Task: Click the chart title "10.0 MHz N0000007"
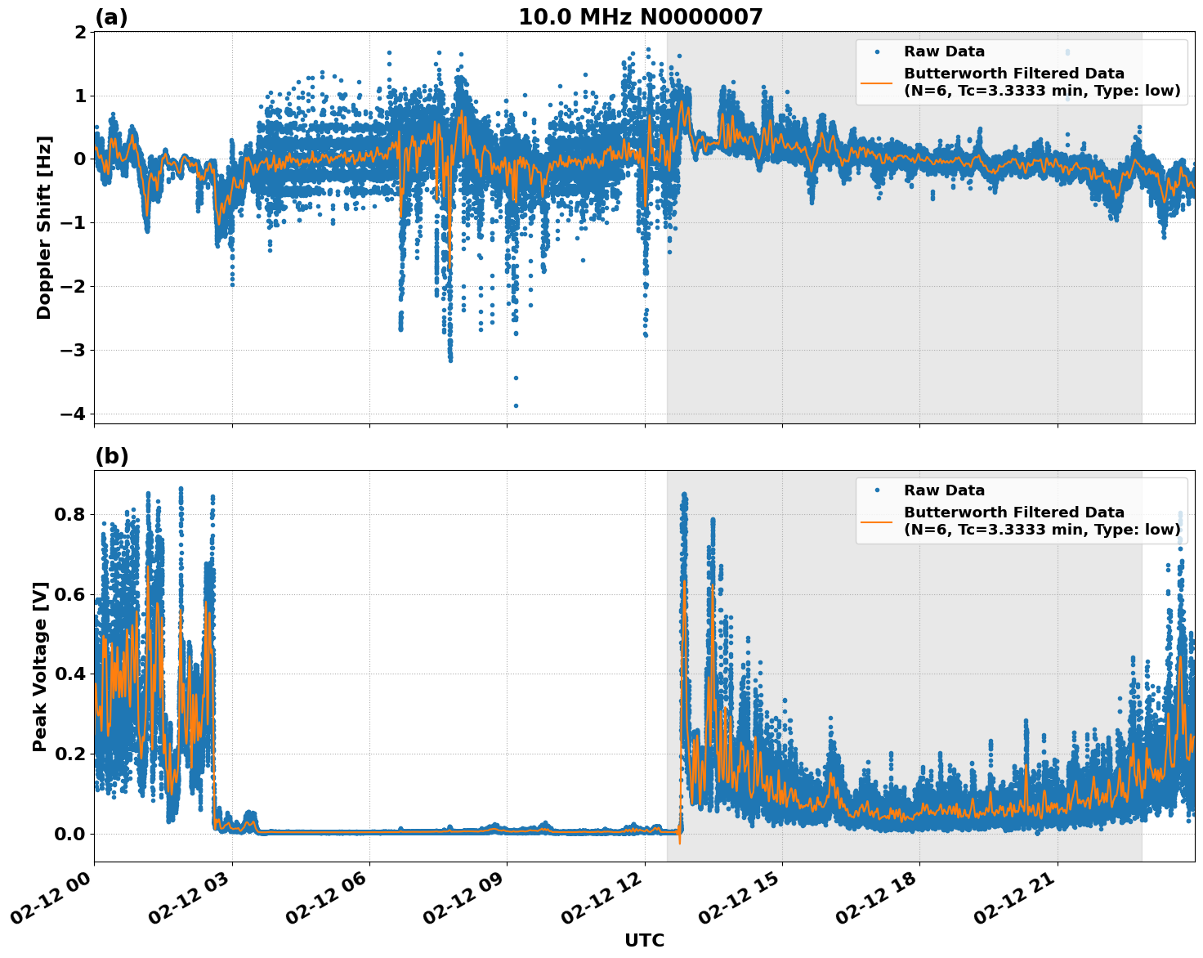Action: click(x=640, y=17)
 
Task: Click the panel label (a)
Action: click(x=111, y=17)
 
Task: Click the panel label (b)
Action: click(x=111, y=456)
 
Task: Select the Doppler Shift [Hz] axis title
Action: click(x=44, y=227)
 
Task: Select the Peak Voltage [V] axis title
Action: click(x=40, y=666)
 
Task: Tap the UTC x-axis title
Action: click(x=644, y=940)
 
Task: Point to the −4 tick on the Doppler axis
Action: click(x=73, y=414)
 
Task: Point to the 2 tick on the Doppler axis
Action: click(x=80, y=32)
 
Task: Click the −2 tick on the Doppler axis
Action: click(x=73, y=286)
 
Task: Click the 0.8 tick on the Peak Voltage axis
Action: click(x=69, y=514)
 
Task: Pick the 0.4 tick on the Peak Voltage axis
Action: click(x=69, y=674)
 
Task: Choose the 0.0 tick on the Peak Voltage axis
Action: click(x=69, y=834)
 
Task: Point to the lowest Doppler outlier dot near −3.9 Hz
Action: click(x=516, y=405)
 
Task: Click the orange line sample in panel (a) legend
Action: click(x=876, y=82)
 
